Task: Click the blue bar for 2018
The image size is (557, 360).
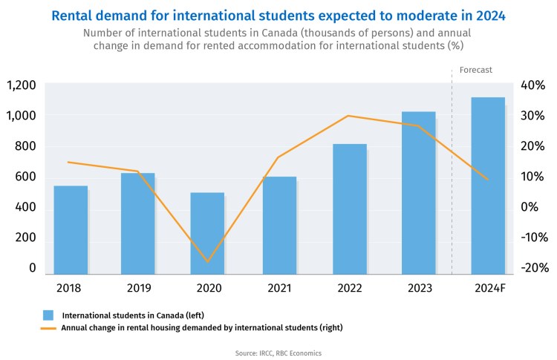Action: click(x=71, y=230)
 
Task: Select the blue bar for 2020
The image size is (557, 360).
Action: click(x=207, y=234)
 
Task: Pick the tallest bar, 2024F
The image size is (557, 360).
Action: click(x=488, y=186)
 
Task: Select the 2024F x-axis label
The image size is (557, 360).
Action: click(x=489, y=287)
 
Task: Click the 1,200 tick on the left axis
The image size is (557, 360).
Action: click(x=21, y=85)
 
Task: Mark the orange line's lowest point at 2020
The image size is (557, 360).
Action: click(x=207, y=262)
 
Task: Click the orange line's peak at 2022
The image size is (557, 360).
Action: click(x=348, y=116)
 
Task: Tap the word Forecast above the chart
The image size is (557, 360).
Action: click(x=476, y=70)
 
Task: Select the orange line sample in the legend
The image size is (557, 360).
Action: click(x=48, y=327)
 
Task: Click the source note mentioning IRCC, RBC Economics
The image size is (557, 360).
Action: click(x=278, y=352)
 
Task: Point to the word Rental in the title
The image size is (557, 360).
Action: click(x=76, y=14)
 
